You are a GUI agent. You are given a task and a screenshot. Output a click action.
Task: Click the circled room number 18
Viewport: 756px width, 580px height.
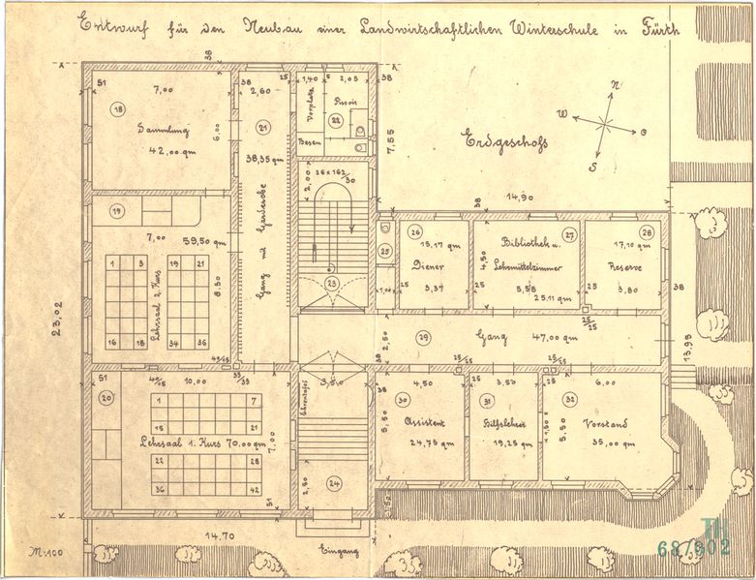pyautogui.click(x=118, y=109)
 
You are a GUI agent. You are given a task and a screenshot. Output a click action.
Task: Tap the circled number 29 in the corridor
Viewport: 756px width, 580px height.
pyautogui.click(x=423, y=336)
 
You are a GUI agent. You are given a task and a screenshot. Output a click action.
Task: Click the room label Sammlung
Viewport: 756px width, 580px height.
pyautogui.click(x=162, y=129)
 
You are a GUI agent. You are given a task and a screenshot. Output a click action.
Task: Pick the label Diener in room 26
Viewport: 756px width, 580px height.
pyautogui.click(x=429, y=265)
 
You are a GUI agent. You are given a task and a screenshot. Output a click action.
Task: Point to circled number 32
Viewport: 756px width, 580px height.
pyautogui.click(x=569, y=399)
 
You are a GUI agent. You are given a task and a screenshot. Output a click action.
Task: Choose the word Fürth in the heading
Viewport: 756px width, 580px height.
pyautogui.click(x=657, y=28)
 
